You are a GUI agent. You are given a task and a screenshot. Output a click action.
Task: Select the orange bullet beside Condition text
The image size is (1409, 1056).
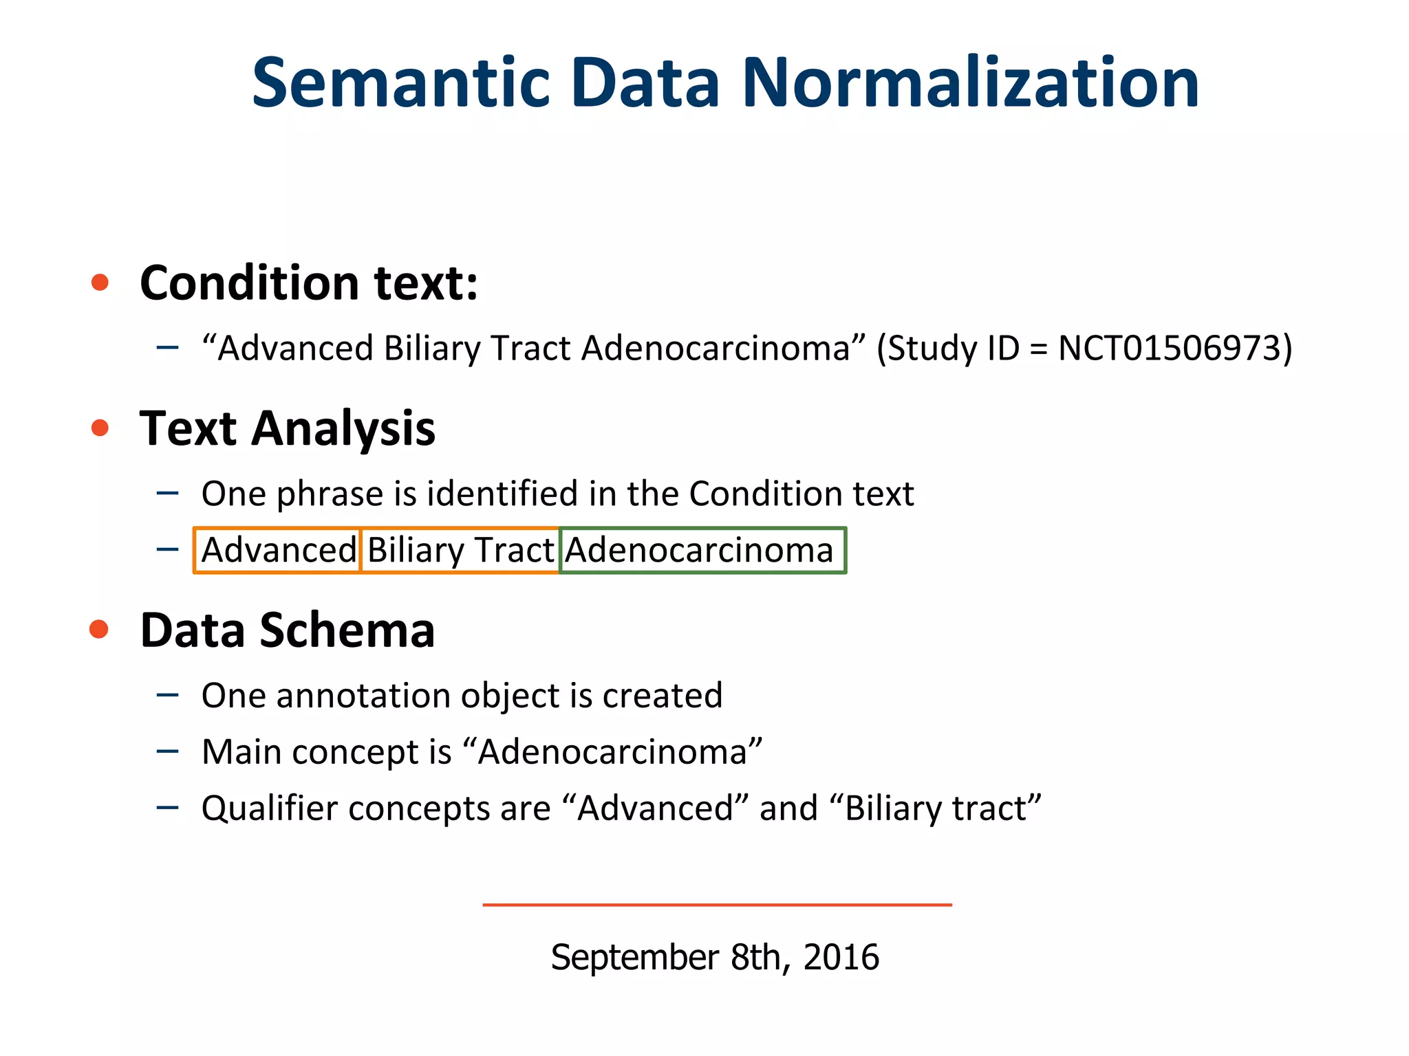click(x=100, y=282)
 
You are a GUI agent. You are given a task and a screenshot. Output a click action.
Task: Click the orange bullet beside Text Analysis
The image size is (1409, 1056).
click(x=100, y=428)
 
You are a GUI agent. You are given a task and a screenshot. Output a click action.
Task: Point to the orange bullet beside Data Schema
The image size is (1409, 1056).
click(x=100, y=629)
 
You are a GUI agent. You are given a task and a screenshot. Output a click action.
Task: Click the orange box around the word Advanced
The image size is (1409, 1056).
click(x=277, y=550)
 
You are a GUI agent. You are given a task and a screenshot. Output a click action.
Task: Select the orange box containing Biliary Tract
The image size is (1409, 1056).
click(x=460, y=550)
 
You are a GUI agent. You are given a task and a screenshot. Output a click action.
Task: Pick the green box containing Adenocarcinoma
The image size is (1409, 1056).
click(x=702, y=550)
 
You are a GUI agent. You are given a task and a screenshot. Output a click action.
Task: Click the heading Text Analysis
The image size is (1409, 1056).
click(x=287, y=428)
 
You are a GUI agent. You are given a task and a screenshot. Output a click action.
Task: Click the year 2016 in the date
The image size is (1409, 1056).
click(x=841, y=957)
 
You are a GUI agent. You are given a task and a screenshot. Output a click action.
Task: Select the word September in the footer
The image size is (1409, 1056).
click(x=634, y=957)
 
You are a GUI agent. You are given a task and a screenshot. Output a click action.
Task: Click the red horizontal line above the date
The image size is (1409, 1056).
click(x=717, y=905)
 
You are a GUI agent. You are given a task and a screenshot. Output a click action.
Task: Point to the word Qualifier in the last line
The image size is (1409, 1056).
click(x=270, y=808)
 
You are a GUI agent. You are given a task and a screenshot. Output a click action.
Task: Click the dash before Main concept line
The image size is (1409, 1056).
click(x=167, y=751)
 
